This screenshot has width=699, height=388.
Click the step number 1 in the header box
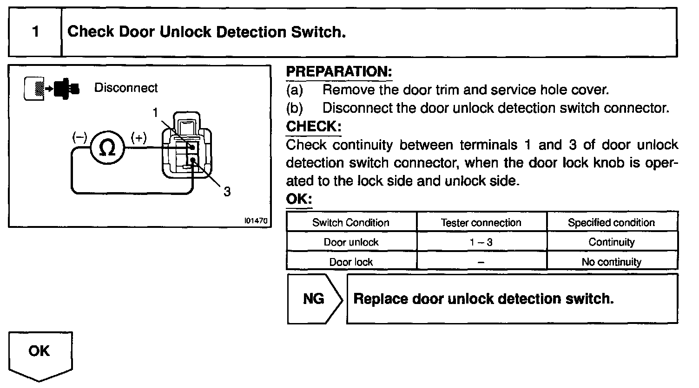coord(35,32)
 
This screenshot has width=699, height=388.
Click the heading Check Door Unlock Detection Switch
coord(207,32)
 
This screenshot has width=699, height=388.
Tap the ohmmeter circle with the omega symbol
coord(107,149)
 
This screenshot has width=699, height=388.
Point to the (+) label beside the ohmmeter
coord(138,137)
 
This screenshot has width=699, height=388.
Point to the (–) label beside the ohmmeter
coord(79,137)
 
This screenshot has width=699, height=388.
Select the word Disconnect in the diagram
coord(126,88)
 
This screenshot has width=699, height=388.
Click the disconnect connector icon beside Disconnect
coord(51,88)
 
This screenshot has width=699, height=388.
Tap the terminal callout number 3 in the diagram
coord(227,192)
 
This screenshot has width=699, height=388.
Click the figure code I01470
coord(256,221)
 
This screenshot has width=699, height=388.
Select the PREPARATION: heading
coord(339,72)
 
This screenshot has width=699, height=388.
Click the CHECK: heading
coord(314,126)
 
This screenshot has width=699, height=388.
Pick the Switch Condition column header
coord(351,223)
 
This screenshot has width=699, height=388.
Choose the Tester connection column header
coord(481,223)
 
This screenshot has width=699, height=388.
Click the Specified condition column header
coord(611,223)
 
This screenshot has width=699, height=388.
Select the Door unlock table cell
coord(351,242)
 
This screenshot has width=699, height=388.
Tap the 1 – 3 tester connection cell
coord(481,242)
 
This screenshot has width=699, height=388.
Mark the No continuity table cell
coord(611,262)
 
